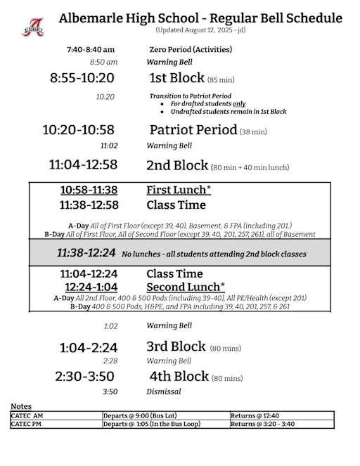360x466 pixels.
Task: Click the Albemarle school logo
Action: [32, 27]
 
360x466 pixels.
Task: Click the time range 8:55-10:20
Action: [82, 78]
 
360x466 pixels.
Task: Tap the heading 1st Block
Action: [176, 78]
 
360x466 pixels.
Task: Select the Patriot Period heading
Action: [193, 130]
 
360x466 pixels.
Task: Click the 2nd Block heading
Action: [177, 165]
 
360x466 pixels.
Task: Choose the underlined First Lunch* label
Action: [179, 190]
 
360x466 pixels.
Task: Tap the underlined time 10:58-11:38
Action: [89, 190]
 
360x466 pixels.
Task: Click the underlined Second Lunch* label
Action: [186, 287]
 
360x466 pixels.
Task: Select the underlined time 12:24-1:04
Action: [91, 287]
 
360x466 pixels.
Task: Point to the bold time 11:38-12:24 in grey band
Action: [87, 252]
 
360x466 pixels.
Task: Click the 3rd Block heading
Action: [176, 347]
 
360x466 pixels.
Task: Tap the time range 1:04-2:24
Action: [89, 347]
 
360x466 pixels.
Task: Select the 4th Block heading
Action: [179, 376]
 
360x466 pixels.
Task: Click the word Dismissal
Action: [163, 391]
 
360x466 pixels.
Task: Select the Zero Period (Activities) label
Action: [191, 50]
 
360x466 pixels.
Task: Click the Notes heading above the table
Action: [20, 407]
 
